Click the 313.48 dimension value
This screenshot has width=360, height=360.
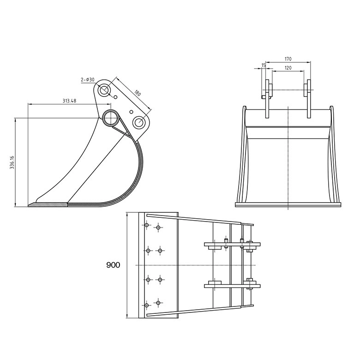(69, 101)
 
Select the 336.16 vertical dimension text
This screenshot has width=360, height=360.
(12, 162)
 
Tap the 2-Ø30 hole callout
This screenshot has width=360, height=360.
(88, 80)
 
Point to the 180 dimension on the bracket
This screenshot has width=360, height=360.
(137, 93)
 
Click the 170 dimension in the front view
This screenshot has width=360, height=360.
(288, 59)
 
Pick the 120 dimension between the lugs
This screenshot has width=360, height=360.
(288, 68)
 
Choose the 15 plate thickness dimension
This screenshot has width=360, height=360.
(264, 66)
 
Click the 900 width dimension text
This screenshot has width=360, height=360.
(113, 265)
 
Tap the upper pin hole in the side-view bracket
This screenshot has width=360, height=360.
(104, 90)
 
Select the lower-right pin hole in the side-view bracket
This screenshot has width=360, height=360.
(139, 122)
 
